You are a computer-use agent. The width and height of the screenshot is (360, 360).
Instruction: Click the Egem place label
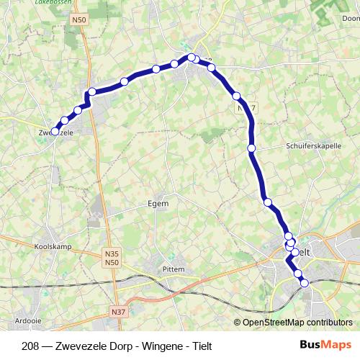pyautogui.click(x=158, y=204)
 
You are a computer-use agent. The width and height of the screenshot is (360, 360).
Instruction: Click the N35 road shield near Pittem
pyautogui.click(x=112, y=253)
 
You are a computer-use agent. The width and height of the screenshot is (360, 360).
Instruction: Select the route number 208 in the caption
pyautogui.click(x=31, y=346)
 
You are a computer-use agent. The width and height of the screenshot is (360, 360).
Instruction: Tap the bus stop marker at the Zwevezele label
pyautogui.click(x=55, y=131)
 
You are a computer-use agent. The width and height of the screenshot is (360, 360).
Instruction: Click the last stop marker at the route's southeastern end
pyautogui.click(x=304, y=284)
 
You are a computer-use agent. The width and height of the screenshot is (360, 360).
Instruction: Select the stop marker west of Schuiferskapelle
pyautogui.click(x=251, y=148)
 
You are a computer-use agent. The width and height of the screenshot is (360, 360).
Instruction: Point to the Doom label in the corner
pyautogui.click(x=351, y=19)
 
